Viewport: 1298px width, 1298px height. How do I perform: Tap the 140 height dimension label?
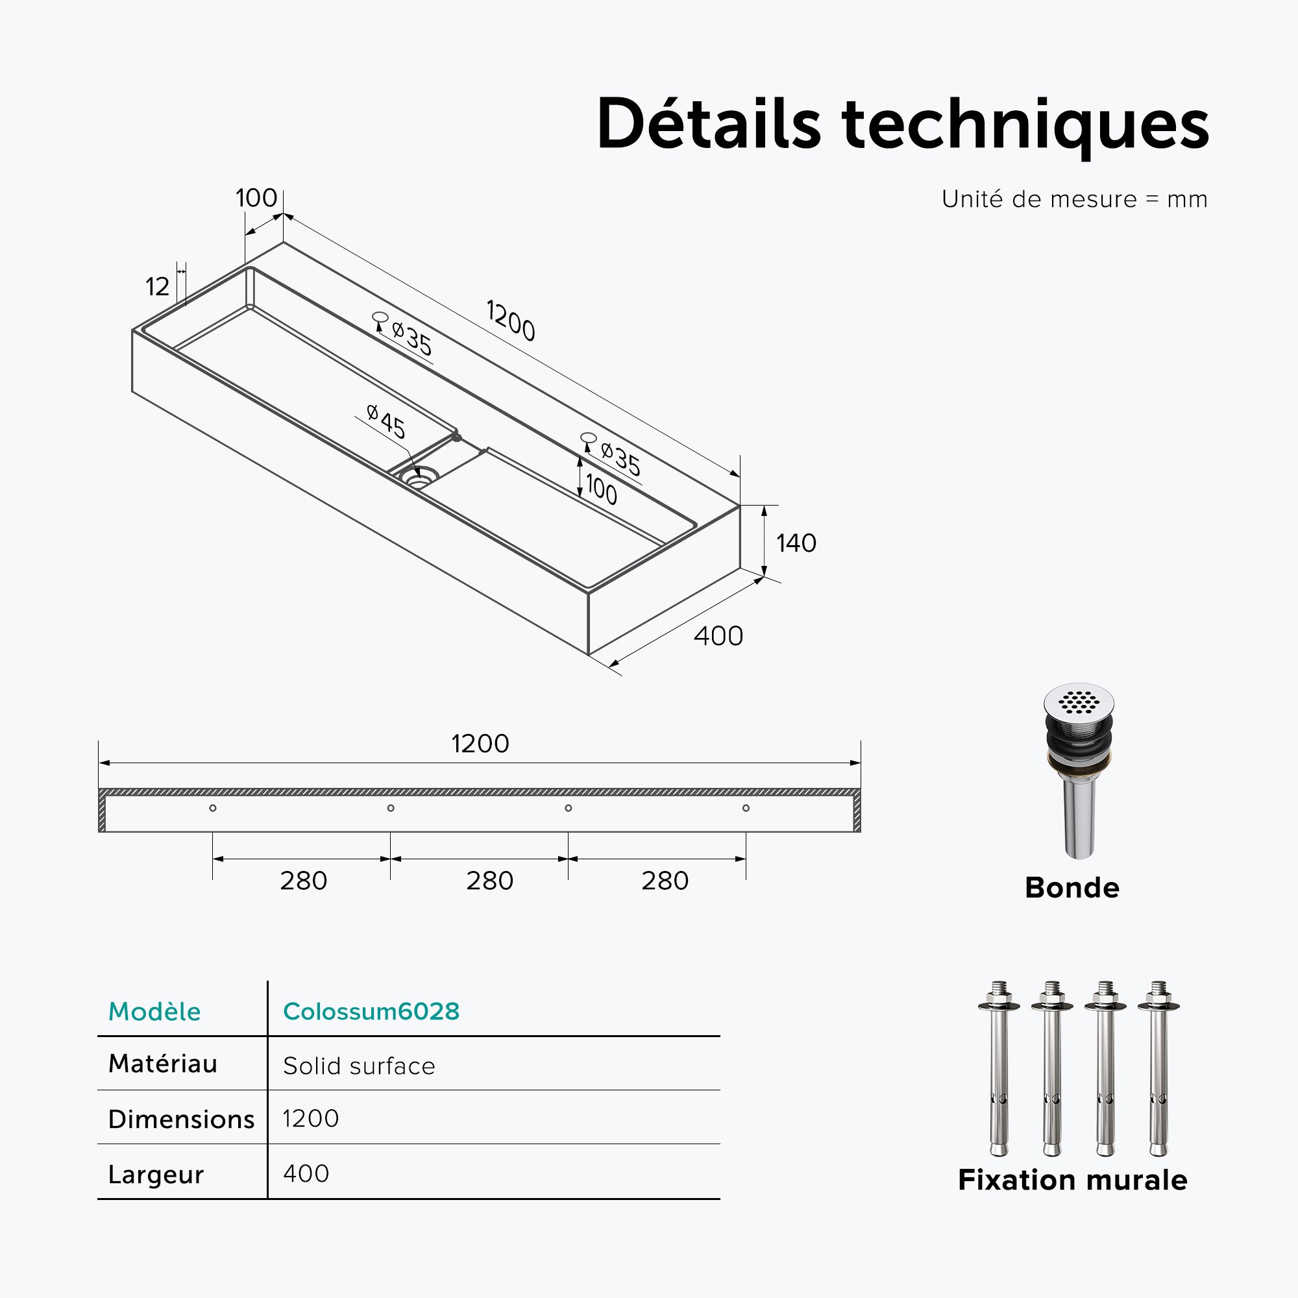796,543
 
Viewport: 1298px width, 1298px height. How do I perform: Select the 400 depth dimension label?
718,635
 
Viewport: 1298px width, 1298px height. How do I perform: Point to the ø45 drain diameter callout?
386,421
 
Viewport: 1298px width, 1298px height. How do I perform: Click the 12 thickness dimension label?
157,287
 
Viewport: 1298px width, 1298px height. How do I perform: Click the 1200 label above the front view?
480,744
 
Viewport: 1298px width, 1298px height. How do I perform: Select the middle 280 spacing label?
490,881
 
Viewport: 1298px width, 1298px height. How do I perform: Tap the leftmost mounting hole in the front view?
213,808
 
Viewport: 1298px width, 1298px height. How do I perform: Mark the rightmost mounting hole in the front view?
746,808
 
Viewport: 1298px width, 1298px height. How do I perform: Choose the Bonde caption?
1072,887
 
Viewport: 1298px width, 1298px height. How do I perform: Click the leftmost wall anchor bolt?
999,1068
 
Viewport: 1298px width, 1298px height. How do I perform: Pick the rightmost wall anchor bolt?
1158,1068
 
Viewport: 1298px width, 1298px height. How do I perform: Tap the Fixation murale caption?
1073,1180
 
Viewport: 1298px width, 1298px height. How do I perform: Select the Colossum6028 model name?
371,1011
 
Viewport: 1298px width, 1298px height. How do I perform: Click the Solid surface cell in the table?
359,1066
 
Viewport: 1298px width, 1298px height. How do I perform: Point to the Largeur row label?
156,1175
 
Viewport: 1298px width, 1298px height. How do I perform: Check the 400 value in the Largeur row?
306,1173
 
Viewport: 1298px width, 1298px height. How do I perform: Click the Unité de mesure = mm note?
1074,199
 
